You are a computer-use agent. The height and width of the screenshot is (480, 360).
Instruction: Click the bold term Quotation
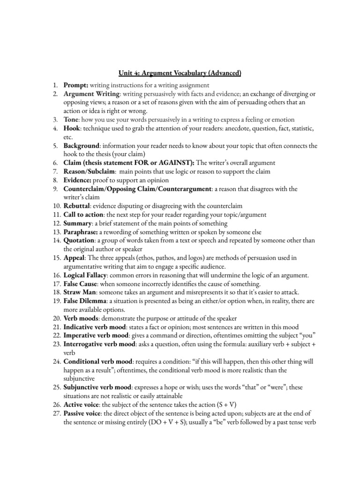(80, 240)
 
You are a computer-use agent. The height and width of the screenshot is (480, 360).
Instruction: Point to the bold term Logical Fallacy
(87, 275)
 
